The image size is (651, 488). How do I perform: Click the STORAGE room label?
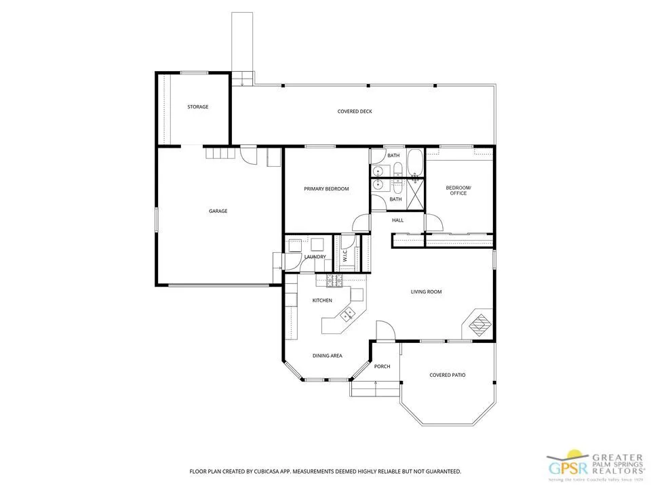pos(198,107)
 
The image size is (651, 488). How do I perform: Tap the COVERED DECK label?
pos(355,111)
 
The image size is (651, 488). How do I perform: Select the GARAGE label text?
pos(218,211)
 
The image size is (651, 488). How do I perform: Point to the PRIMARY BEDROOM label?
pos(326,188)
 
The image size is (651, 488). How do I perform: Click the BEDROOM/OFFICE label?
pos(458,190)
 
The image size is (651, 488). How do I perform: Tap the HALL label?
pos(398,220)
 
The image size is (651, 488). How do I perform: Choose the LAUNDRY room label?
pos(315,257)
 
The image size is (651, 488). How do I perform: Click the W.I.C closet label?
pos(345,257)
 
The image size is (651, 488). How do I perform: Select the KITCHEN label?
pos(321,300)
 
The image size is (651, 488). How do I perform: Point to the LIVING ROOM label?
pos(426,292)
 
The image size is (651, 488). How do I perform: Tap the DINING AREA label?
pos(327,356)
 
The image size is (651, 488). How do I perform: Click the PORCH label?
pos(382,367)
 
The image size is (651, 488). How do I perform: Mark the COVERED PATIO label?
pos(448,375)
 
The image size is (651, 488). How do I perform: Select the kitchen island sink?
pos(348,313)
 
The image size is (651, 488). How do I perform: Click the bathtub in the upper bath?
pos(414,163)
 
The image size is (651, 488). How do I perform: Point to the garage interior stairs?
pos(220,154)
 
